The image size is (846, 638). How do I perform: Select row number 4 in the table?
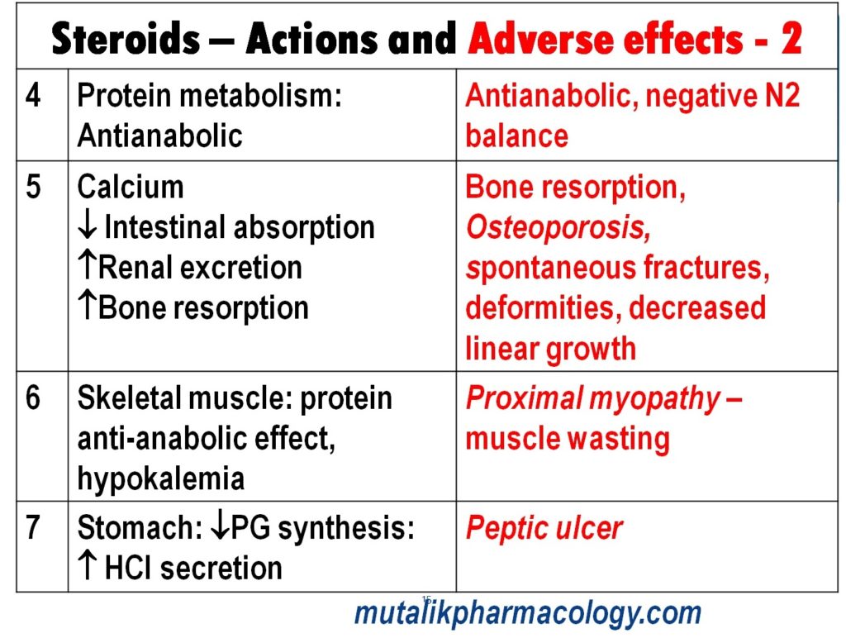coord(33,97)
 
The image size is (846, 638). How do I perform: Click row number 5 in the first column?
coord(33,187)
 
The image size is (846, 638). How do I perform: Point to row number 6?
coord(33,398)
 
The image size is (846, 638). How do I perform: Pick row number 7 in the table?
coord(33,527)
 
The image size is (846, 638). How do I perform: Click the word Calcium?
coord(131,187)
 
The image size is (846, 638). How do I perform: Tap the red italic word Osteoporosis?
coord(558,228)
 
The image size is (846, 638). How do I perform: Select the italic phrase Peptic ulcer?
coord(544,528)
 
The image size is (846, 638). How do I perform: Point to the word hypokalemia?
coord(160,479)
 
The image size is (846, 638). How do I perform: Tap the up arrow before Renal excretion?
coord(88,268)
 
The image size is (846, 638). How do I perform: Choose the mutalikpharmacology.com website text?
coord(528,613)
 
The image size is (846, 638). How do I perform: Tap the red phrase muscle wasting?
coord(568,439)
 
